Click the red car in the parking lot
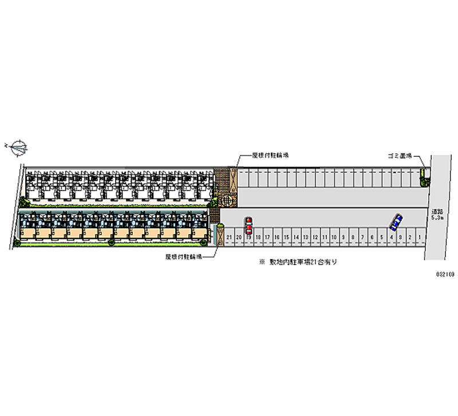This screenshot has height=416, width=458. pos(248,225)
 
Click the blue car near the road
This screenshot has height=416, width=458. pos(395,221)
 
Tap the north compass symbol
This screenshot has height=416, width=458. pos(18,147)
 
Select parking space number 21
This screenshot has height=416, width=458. pos(229,237)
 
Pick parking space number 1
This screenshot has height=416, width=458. pos(420,237)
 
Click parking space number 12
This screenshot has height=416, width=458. pos(315,237)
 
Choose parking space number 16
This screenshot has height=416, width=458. pos(277,237)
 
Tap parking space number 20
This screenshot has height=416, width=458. pos(239,237)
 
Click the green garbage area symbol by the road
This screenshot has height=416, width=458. pos(424,177)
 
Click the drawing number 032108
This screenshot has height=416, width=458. pos(445,275)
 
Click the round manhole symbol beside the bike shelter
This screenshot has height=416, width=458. pos(227,200)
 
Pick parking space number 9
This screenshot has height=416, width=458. pos(343,237)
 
